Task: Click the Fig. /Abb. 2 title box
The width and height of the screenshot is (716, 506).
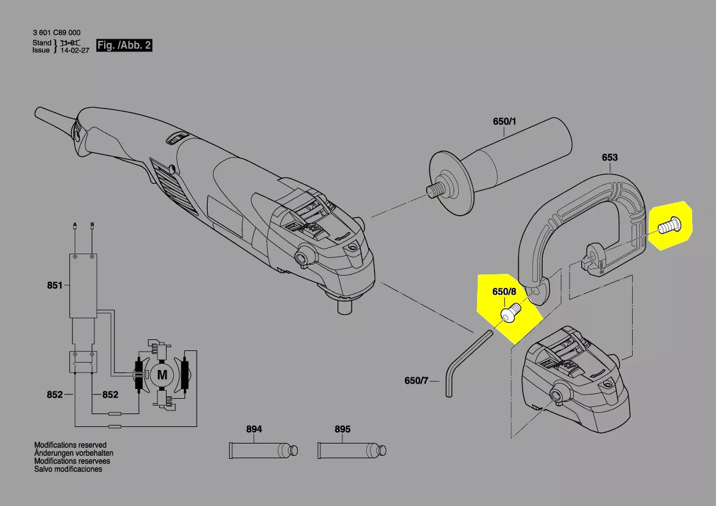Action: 124,45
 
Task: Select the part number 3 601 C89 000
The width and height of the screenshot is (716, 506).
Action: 56,32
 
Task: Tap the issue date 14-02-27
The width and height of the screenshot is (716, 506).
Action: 75,50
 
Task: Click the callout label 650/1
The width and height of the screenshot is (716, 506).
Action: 504,121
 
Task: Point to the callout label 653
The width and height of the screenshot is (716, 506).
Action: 609,157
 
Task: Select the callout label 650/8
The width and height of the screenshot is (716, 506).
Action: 504,292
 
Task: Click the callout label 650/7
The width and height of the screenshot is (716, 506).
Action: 416,380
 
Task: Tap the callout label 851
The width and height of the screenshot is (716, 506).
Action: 55,285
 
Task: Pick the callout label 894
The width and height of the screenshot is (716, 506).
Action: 254,429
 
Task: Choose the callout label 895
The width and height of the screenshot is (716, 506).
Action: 342,429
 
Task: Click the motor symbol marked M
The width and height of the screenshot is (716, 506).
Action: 162,375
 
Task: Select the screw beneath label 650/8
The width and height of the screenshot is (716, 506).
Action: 511,313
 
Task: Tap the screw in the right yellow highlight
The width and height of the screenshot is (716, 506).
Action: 669,226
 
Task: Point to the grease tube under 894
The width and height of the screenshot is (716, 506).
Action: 263,451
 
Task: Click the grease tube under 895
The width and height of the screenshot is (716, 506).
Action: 352,451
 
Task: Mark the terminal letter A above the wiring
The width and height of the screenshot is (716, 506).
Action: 75,225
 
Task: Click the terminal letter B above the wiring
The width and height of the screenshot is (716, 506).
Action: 92,225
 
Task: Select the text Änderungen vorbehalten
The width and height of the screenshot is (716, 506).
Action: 73,453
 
